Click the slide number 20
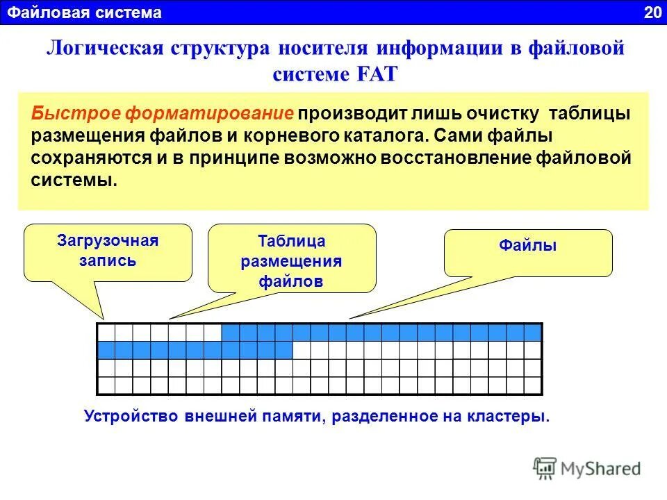(x=653, y=12)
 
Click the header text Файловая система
(x=85, y=12)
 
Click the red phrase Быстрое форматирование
(x=163, y=113)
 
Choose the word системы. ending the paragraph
(x=74, y=180)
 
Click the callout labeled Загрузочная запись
(x=108, y=251)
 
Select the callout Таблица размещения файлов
(x=292, y=261)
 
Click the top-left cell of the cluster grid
(x=106, y=332)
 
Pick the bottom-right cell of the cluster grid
(x=533, y=385)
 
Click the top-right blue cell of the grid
(x=533, y=332)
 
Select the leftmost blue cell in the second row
(x=106, y=349)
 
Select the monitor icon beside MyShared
(x=545, y=467)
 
